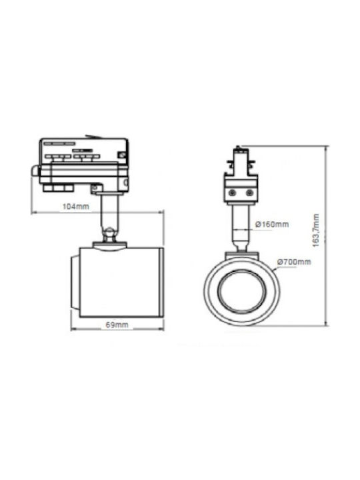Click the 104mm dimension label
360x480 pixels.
(75, 206)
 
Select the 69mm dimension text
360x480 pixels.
(117, 325)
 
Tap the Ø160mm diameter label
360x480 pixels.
(272, 225)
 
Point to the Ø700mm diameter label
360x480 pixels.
(294, 262)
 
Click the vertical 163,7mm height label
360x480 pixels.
(316, 231)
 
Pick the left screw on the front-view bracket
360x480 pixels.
(233, 193)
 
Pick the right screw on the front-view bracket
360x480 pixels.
(249, 193)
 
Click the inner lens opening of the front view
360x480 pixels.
(241, 291)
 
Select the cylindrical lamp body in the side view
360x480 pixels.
(121, 282)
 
